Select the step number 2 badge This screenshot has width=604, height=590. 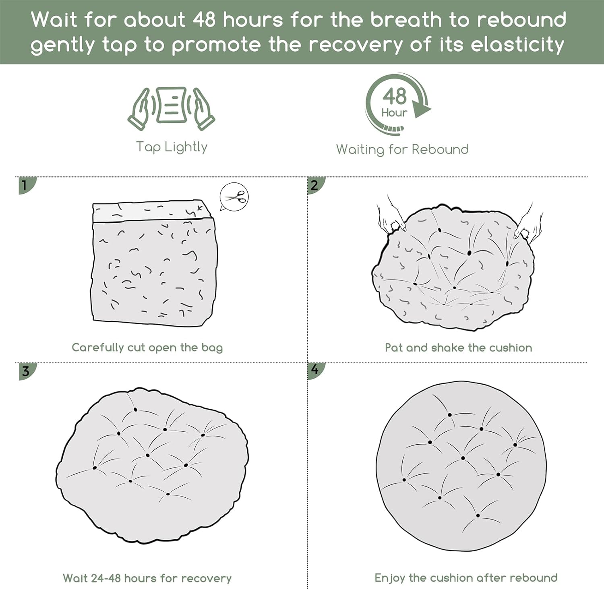pyautogui.click(x=315, y=185)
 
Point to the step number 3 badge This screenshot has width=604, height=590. pyautogui.click(x=27, y=371)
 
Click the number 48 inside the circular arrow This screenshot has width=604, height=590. pyautogui.click(x=395, y=97)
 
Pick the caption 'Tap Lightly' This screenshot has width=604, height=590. pyautogui.click(x=172, y=147)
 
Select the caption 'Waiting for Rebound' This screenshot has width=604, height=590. pyautogui.click(x=402, y=149)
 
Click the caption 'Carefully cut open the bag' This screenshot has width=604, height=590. pyautogui.click(x=147, y=348)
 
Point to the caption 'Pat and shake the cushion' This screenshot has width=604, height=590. pyautogui.click(x=458, y=348)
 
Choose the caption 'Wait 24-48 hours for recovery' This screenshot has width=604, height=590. pyautogui.click(x=147, y=578)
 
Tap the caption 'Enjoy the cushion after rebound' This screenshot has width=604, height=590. pyautogui.click(x=466, y=578)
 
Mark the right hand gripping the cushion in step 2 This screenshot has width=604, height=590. pyautogui.click(x=529, y=226)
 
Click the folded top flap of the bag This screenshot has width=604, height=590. pyautogui.click(x=152, y=211)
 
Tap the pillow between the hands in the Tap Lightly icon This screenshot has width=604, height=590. pyautogui.click(x=172, y=105)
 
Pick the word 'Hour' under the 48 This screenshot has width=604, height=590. pyautogui.click(x=394, y=112)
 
